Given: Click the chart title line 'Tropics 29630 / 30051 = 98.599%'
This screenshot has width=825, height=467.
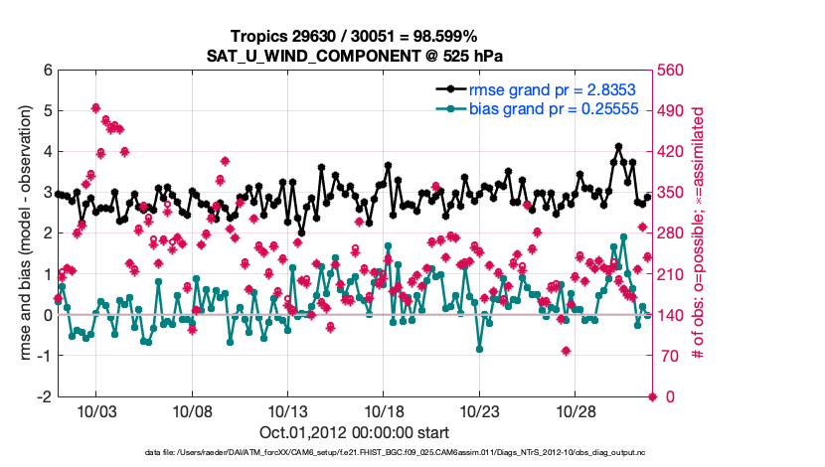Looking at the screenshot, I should pos(354,36).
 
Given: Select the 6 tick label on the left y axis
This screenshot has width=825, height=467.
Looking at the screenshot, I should pos(47,71).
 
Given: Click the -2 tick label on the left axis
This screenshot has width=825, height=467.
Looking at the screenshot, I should pos(44,396).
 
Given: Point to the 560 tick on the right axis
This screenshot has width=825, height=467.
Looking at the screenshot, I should pos(676,71).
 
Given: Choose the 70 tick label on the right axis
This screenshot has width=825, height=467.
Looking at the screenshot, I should pos(672,356).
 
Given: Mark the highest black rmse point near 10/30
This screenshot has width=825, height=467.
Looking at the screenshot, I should pos(619,147).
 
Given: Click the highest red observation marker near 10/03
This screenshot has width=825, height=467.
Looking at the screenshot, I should pos(95,107).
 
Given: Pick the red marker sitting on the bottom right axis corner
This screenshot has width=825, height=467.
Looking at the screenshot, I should pos(653,396).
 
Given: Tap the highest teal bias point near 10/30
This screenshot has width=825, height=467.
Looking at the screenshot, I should pos(623,237).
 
